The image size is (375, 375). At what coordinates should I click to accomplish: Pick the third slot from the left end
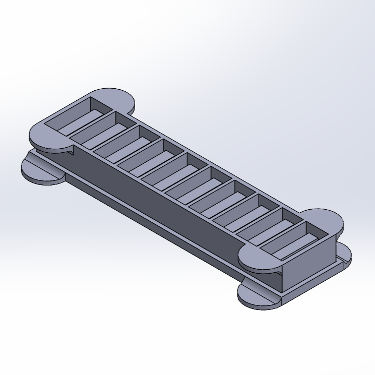pos(126,144)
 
